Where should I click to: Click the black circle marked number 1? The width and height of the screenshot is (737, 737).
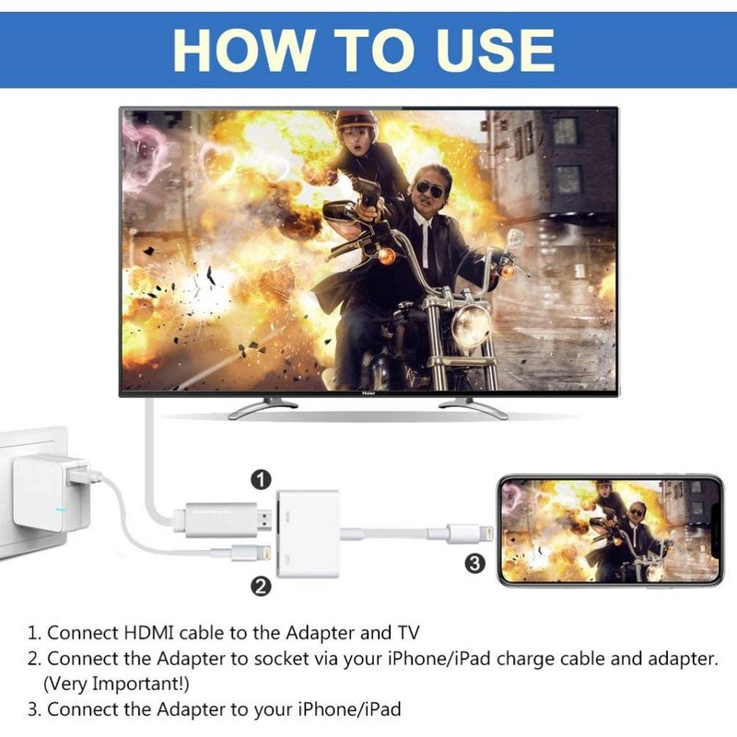[x=263, y=479]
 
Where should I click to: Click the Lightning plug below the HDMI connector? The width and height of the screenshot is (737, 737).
[x=235, y=554]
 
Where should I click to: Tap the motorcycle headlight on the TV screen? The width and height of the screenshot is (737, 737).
[x=471, y=324]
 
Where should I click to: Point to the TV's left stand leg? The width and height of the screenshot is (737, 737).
[x=263, y=406]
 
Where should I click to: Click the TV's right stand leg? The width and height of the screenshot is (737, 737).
[x=474, y=406]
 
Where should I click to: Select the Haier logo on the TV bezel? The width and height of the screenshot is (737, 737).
[x=368, y=391]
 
